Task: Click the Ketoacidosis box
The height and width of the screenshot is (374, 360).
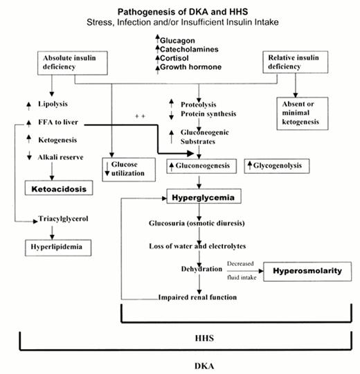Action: (x=59, y=188)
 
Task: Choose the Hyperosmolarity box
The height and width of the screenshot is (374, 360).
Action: (x=307, y=271)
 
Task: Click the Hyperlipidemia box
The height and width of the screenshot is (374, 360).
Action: (x=56, y=246)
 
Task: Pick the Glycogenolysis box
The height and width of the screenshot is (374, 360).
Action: (x=278, y=166)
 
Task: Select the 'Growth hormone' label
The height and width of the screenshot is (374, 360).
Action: (x=191, y=67)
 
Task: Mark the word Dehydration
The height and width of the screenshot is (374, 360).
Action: (x=199, y=270)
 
